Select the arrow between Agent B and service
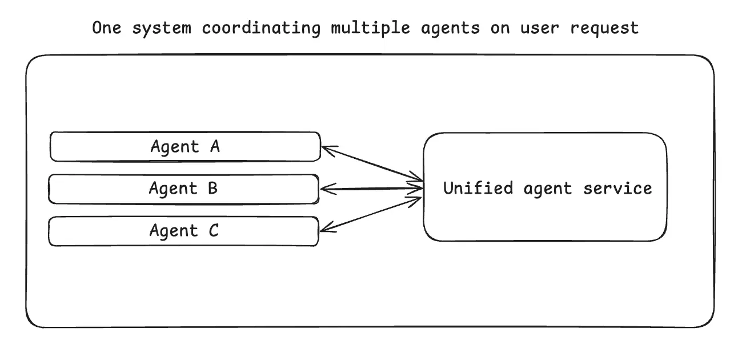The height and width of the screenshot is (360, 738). [371, 189]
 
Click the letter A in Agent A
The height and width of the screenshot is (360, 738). [214, 147]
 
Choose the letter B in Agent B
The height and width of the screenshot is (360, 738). [212, 189]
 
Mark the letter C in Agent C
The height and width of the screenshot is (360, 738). [212, 231]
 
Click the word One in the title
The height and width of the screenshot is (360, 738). [107, 28]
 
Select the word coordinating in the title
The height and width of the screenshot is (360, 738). [260, 28]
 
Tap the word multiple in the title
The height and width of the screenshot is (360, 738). [370, 28]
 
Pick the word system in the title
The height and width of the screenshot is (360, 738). [162, 28]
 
